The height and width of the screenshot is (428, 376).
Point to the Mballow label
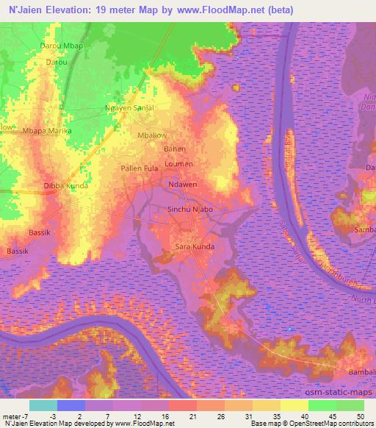pyautogui.click(x=152, y=135)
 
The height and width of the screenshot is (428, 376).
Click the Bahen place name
pyautogui.click(x=174, y=149)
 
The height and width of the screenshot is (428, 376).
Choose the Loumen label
pyautogui.click(x=178, y=163)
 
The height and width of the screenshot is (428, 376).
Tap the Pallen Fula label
pyautogui.click(x=140, y=169)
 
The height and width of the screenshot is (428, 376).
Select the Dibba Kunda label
pyautogui.click(x=66, y=186)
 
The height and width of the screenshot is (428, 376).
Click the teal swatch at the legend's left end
pyautogui.click(x=43, y=405)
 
